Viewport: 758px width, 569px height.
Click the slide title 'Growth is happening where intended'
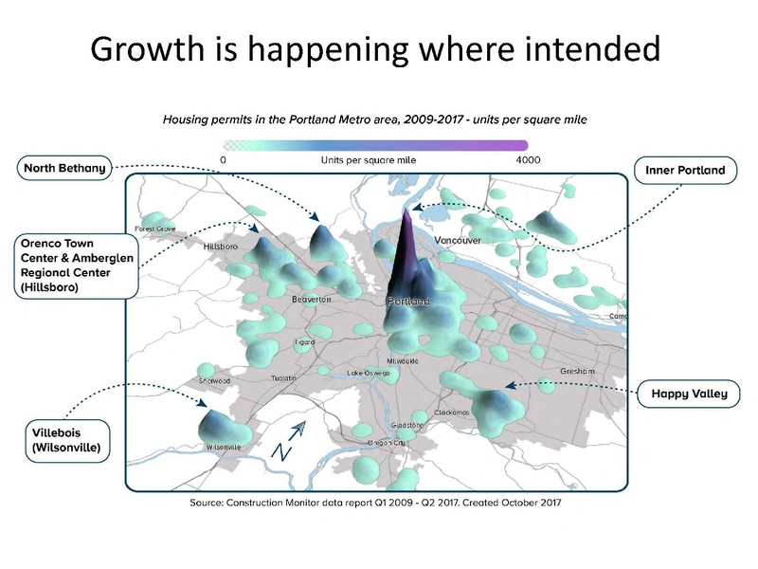click(374, 48)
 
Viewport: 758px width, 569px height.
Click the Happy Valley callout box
click(689, 393)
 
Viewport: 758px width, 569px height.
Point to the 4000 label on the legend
click(528, 160)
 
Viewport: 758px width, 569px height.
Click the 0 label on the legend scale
click(223, 160)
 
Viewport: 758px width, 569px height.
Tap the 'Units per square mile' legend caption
click(369, 160)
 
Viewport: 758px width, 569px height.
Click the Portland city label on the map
click(408, 302)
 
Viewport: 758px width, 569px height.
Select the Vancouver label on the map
click(459, 241)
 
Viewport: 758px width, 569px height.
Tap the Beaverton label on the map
click(313, 299)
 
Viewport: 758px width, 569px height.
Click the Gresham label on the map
click(576, 371)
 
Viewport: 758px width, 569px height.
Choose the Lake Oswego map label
click(369, 373)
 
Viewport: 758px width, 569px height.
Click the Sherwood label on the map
click(214, 380)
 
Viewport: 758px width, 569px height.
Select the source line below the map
click(376, 503)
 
